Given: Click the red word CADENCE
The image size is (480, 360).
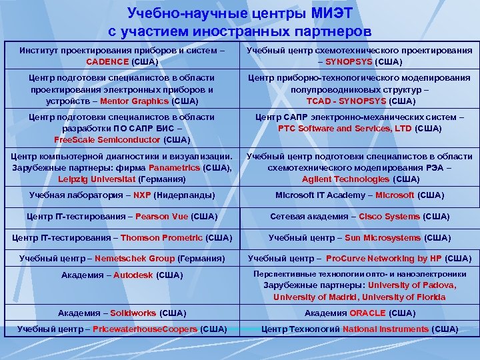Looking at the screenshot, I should pyautogui.click(x=107, y=61).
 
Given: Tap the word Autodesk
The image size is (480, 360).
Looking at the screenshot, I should pyautogui.click(x=133, y=275).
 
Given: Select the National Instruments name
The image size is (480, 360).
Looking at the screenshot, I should pyautogui.click(x=386, y=329).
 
